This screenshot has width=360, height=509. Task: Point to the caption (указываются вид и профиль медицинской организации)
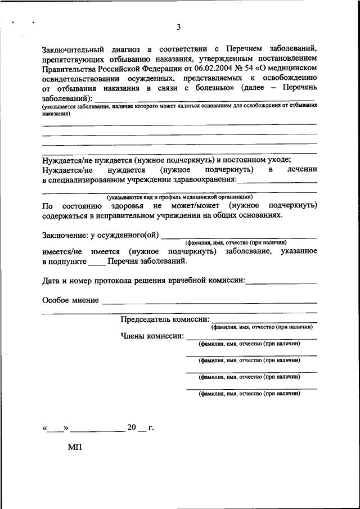(x=180, y=197)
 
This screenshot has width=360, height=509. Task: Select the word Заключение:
(x=64, y=235)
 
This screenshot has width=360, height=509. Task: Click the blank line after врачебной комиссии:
(x=281, y=281)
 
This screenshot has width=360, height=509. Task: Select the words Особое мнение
(x=70, y=300)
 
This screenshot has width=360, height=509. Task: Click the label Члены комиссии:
(x=152, y=336)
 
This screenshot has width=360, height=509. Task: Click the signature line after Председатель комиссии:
(x=264, y=321)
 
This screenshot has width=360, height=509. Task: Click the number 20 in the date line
(x=132, y=428)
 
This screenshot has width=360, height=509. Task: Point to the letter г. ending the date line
(x=151, y=428)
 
